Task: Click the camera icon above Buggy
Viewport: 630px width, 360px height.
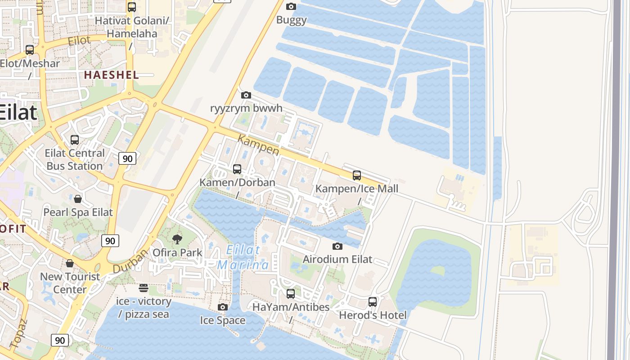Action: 291,6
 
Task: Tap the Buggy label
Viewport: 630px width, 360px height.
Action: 291,20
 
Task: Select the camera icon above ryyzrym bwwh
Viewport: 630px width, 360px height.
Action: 246,95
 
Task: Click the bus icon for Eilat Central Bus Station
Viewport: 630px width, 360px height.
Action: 75,140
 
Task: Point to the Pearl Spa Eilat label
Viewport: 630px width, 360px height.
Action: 78,212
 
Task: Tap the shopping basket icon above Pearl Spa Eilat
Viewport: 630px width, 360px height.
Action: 78,199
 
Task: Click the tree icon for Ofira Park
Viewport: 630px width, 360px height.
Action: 177,239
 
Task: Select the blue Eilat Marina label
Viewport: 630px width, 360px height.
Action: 243,257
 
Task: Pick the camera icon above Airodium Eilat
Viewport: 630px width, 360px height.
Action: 337,246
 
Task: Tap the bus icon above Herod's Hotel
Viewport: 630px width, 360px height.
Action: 373,302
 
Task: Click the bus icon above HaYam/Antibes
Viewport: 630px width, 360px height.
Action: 291,294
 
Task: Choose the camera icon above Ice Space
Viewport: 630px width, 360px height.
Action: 223,307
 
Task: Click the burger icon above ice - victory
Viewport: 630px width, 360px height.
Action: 144,288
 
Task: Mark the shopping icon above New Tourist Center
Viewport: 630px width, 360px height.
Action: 70,263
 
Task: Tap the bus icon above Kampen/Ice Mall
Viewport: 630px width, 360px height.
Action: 357,175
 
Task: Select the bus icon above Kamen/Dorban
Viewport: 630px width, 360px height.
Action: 237,169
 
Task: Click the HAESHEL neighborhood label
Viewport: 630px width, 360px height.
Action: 112,75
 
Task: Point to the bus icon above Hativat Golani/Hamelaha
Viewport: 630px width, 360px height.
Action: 132,7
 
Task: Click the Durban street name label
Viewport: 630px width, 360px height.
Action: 130,261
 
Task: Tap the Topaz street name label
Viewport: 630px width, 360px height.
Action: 18,333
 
